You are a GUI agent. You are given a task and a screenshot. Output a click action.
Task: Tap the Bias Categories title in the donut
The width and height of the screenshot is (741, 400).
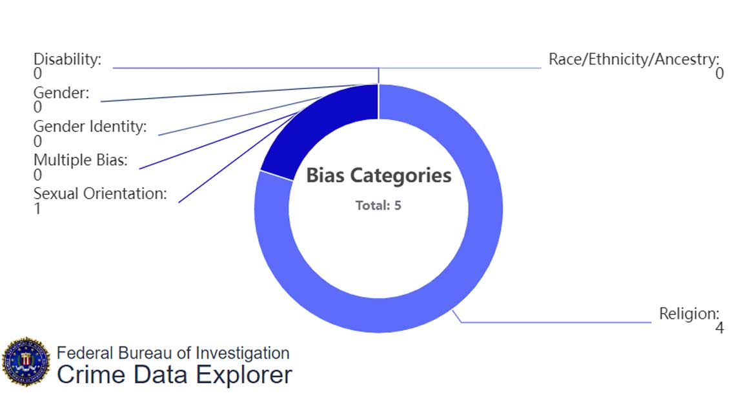tap(378, 175)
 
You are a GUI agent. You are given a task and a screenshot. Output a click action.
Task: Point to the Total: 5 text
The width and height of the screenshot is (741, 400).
tap(378, 206)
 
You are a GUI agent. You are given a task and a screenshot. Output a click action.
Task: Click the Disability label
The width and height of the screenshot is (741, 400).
tap(67, 59)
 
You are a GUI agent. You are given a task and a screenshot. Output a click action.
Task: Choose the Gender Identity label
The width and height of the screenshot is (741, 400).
tap(90, 126)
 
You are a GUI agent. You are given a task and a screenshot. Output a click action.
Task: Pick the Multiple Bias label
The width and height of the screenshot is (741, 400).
tap(80, 160)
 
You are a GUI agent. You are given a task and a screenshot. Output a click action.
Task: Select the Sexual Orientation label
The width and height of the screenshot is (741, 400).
tap(100, 194)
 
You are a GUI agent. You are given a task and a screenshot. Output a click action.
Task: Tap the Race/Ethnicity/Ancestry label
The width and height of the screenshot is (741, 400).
tap(633, 59)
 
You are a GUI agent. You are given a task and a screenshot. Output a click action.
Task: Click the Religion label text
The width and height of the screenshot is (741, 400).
tap(689, 314)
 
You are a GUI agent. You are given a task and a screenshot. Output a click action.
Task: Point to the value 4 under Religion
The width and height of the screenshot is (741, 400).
tap(719, 328)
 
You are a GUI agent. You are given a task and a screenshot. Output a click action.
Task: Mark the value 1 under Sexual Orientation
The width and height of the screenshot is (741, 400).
tap(37, 208)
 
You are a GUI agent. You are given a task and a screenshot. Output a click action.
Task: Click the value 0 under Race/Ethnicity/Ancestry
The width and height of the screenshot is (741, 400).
tap(719, 74)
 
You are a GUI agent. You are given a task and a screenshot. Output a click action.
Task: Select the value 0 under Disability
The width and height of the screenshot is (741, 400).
tap(37, 74)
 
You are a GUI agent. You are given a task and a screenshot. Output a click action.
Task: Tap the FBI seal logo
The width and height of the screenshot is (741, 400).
tap(26, 361)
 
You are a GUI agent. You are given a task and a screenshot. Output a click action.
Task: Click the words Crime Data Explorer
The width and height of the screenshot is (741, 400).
tap(174, 375)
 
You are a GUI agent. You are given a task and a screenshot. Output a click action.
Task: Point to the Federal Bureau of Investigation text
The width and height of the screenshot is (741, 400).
tap(173, 353)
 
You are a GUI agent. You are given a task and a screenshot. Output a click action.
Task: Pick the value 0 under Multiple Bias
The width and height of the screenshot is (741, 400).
tap(37, 175)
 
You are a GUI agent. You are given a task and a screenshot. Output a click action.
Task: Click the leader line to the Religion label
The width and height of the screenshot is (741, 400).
tap(555, 321)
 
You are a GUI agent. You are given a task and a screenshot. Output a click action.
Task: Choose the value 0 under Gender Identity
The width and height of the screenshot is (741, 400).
tap(37, 141)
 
